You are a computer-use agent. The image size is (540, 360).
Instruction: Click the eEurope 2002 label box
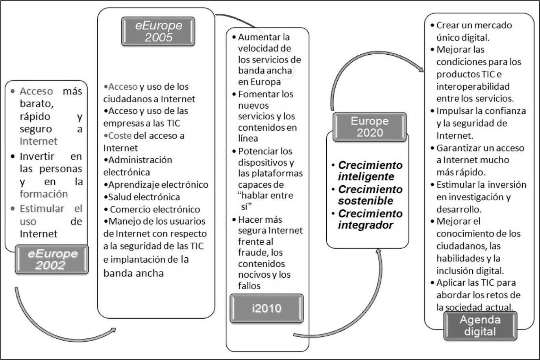[52, 259]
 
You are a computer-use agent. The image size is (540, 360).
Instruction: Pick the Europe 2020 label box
[370, 127]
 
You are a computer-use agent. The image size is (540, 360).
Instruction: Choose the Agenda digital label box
[480, 325]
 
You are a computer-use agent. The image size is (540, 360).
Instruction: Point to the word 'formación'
[44, 194]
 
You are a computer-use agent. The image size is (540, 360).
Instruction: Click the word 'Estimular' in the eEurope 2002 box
[42, 209]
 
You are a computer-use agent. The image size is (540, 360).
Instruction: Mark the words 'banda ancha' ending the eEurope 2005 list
[133, 273]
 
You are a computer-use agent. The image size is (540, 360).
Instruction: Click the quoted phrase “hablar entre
[266, 196]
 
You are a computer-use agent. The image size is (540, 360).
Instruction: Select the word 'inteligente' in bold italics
[366, 176]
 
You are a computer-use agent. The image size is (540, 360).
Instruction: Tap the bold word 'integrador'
[366, 225]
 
